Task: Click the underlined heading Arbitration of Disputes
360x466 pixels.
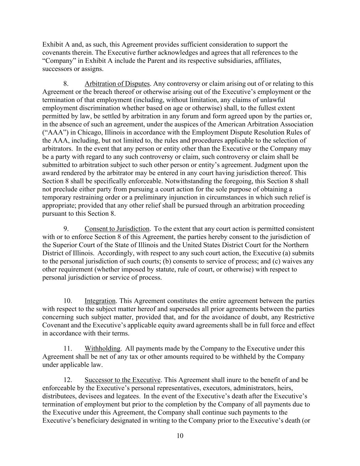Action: [117, 84]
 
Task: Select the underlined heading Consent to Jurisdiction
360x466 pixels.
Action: [117, 229]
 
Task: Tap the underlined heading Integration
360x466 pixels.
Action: [100, 301]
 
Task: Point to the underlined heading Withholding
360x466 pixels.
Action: [102, 349]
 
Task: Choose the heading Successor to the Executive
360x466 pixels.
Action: [123, 380]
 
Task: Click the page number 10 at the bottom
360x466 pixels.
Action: [180, 436]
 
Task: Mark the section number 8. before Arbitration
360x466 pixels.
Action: [67, 84]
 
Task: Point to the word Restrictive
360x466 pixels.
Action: [298, 317]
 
